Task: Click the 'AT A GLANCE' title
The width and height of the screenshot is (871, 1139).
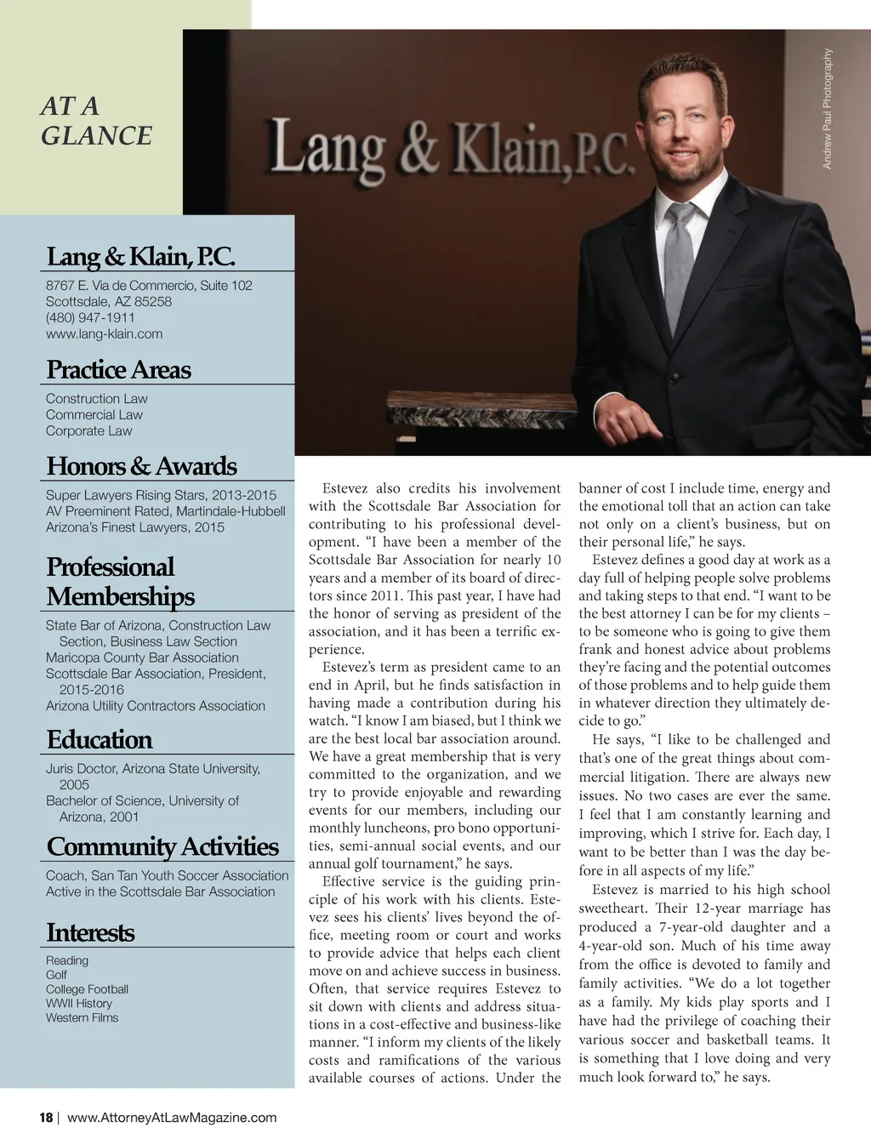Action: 96,121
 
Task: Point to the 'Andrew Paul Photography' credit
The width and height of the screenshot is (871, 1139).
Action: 828,109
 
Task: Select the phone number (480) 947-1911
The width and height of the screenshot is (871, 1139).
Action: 90,317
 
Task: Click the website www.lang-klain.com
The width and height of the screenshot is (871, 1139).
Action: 104,333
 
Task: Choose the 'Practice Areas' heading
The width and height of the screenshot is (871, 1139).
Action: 118,369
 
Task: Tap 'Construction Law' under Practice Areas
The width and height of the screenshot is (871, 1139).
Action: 96,398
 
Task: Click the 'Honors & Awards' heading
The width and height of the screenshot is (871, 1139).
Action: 141,465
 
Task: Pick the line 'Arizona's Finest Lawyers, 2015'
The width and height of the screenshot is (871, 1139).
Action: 135,527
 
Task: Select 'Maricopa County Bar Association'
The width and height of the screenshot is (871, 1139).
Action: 142,657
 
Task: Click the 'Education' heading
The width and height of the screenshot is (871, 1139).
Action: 100,739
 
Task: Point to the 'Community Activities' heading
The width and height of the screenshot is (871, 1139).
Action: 162,846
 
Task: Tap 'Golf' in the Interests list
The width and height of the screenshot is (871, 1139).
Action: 56,975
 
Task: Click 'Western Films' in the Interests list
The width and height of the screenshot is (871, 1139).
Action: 82,1017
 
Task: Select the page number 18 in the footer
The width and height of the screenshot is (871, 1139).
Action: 46,1118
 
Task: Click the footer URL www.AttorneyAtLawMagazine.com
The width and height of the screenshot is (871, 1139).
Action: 172,1118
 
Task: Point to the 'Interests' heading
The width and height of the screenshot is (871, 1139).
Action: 90,932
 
